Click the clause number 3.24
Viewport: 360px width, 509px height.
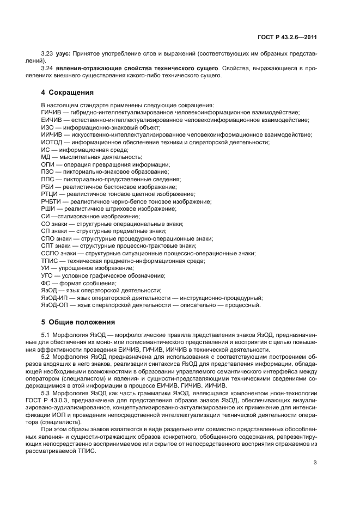pyautogui.click(x=48, y=69)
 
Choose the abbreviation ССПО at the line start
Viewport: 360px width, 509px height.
pyautogui.click(x=50, y=253)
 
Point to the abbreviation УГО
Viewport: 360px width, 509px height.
pyautogui.click(x=47, y=275)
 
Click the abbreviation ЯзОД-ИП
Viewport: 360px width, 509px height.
pyautogui.click(x=56, y=298)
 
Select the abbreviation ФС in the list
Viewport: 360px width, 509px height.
pyautogui.click(x=46, y=283)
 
